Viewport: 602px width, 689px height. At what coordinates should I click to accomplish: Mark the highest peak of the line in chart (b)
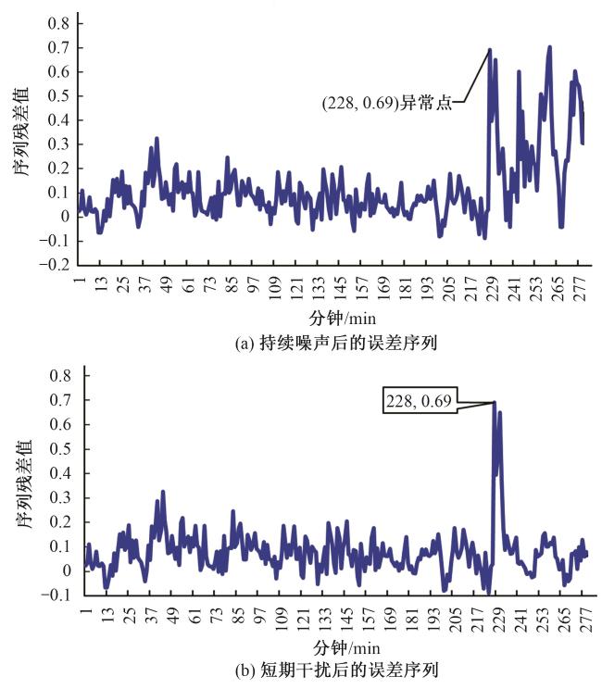pos(493,403)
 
